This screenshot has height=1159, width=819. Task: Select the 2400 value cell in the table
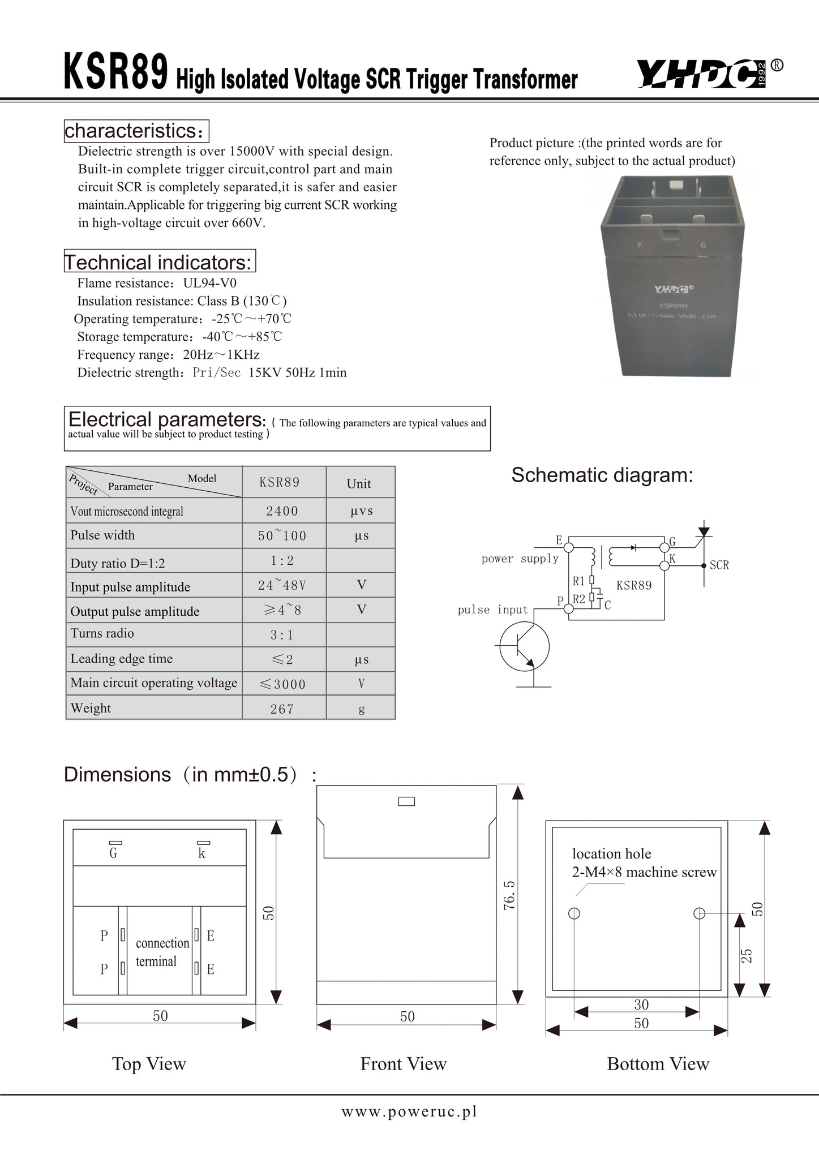(x=282, y=511)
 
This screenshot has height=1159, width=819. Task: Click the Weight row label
(x=91, y=708)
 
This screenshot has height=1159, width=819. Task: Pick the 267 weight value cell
(x=282, y=709)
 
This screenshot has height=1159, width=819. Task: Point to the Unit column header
(x=359, y=483)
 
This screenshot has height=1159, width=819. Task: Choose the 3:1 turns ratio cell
(x=282, y=635)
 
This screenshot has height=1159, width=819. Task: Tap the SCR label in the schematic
(x=719, y=565)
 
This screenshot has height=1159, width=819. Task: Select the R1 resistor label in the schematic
(x=578, y=581)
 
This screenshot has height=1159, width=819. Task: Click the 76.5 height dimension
(x=509, y=895)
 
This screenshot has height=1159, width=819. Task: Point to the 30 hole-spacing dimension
(x=641, y=1005)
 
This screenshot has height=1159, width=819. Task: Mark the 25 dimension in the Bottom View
(x=747, y=955)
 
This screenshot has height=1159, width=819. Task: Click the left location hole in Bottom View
(x=574, y=913)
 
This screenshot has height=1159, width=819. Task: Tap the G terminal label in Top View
(x=113, y=853)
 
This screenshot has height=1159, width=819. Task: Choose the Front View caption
(x=404, y=1064)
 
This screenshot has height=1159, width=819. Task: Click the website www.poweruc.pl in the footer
(x=409, y=1111)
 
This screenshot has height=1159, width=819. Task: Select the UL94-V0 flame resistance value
(x=210, y=283)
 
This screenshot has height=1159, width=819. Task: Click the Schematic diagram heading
(x=602, y=475)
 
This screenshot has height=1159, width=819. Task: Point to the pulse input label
(x=492, y=609)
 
